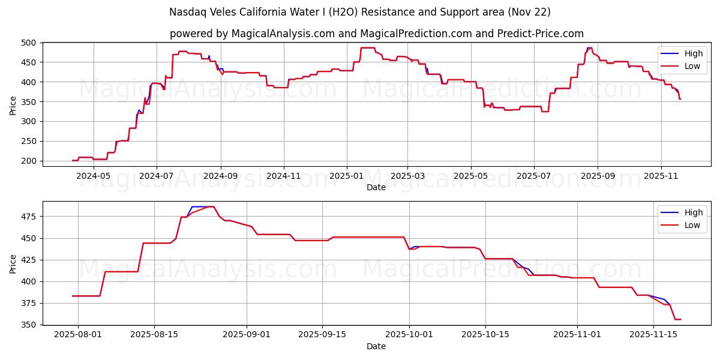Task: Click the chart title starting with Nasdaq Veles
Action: pos(360,12)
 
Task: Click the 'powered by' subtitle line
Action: pos(376,34)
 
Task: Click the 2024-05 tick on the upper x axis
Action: pos(94,176)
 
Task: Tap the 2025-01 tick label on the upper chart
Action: pos(346,176)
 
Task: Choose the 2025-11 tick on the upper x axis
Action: pos(661,176)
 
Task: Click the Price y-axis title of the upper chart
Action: pos(13,105)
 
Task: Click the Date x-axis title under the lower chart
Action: pos(376,346)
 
